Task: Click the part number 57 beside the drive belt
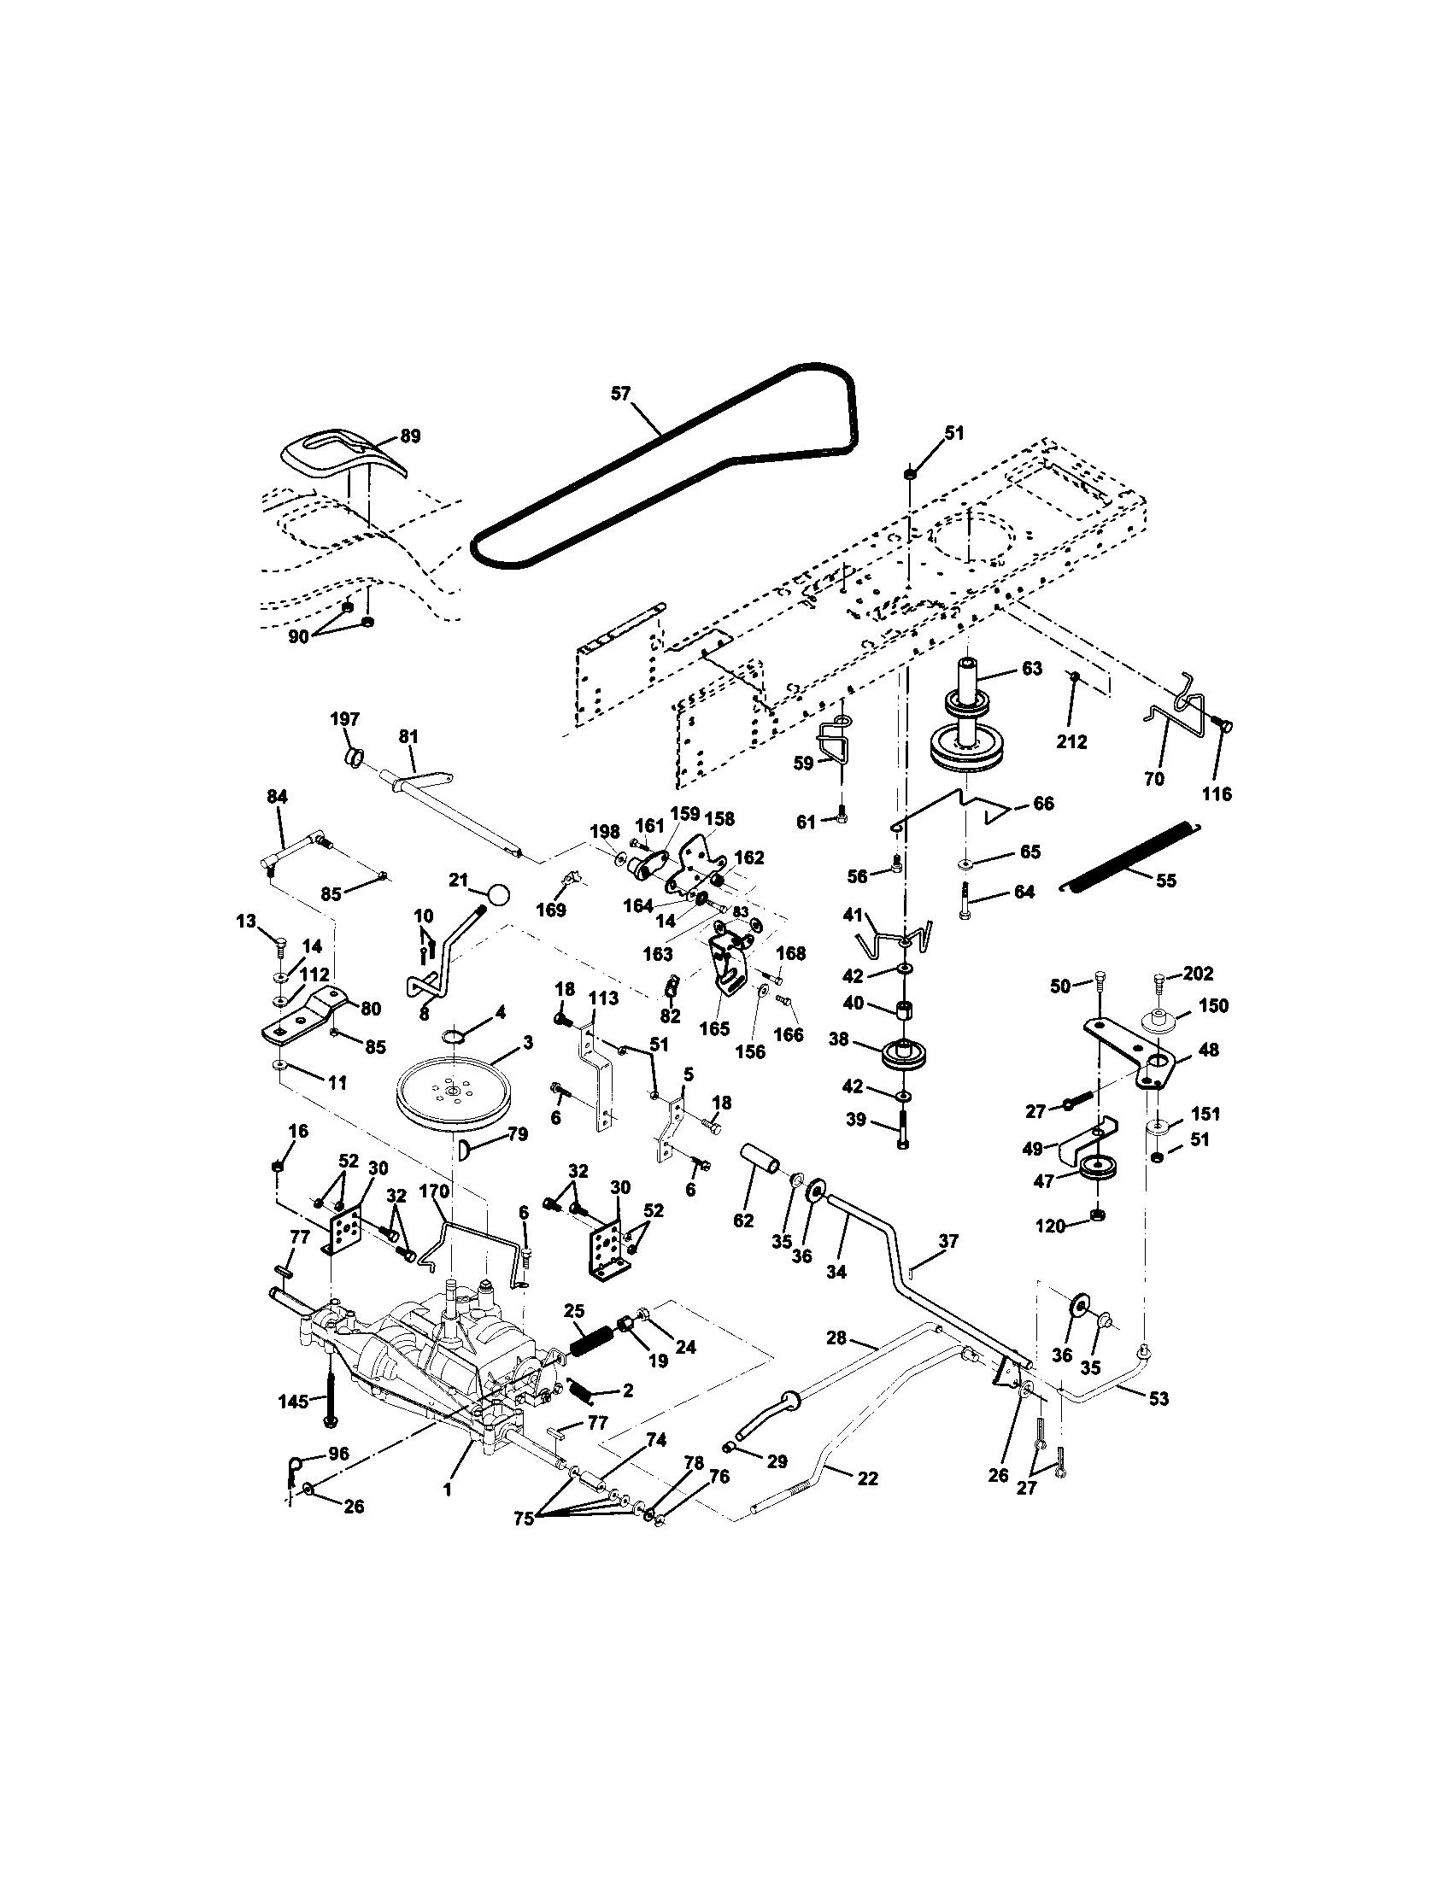click(620, 393)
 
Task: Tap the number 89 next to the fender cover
click(411, 436)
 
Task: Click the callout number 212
click(1073, 740)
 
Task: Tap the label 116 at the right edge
click(1217, 794)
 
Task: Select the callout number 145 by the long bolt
click(293, 1402)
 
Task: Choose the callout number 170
click(434, 1191)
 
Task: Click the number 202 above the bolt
click(1198, 973)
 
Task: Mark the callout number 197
click(346, 718)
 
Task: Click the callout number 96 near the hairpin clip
click(339, 1455)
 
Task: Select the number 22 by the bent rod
click(867, 1478)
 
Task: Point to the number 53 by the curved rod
click(1159, 1399)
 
